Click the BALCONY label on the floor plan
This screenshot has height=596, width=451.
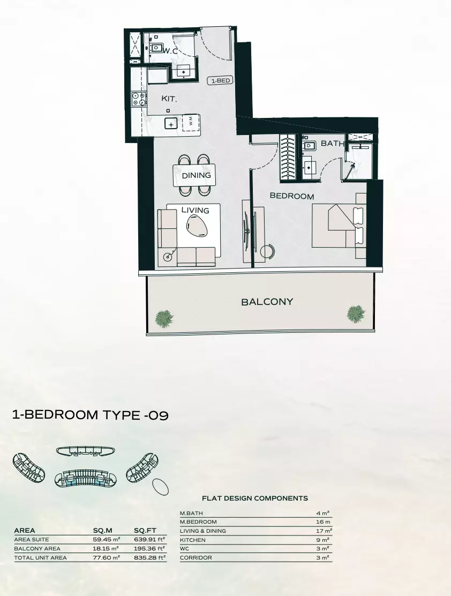(267, 302)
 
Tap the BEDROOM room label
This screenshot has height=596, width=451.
(291, 196)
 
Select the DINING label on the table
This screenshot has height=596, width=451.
(196, 175)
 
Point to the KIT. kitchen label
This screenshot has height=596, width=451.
(169, 99)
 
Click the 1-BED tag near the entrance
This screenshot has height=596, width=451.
(220, 81)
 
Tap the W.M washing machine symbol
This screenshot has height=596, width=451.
(190, 122)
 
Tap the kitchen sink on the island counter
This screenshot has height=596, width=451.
(171, 124)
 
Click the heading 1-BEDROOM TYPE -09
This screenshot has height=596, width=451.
(90, 415)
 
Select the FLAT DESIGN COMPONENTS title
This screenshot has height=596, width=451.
(254, 498)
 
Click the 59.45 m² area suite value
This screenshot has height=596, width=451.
(106, 540)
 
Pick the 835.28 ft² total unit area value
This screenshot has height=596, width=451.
(149, 558)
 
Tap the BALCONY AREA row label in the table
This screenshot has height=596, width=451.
(37, 549)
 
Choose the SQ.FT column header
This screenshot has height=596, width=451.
(145, 531)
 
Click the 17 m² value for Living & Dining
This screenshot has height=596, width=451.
(324, 531)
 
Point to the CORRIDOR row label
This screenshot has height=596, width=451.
(196, 558)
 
